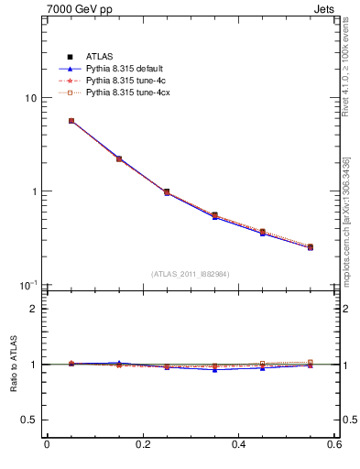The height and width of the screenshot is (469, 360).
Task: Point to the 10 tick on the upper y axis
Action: [x=29, y=98]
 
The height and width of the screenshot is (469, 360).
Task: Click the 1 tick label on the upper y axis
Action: [x=33, y=191]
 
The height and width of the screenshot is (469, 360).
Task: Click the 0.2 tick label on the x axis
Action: [x=143, y=445]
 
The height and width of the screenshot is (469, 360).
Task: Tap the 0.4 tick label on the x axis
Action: [x=239, y=445]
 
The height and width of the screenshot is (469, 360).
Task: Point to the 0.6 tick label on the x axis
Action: [x=334, y=445]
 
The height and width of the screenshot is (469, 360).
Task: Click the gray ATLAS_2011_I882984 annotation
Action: [x=190, y=274]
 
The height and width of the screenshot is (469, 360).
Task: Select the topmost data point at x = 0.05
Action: [x=71, y=121]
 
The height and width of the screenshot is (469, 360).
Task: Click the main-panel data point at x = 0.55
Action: [x=311, y=246]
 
